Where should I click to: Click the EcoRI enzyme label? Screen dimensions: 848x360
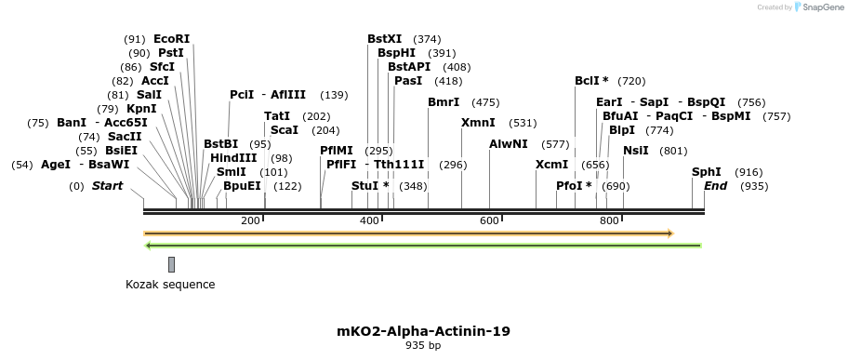coord(171,39)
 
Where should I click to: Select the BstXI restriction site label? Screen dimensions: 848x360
coord(385,39)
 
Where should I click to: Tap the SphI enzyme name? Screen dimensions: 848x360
coord(707,172)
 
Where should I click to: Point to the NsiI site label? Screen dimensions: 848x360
coord(636,151)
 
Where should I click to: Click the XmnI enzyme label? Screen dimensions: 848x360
coord(478,123)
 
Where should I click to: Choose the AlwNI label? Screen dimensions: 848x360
coord(509,144)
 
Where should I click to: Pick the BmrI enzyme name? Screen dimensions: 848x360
coord(444,102)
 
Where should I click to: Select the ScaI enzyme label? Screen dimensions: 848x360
coord(285,130)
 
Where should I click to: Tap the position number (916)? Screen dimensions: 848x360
coord(749,173)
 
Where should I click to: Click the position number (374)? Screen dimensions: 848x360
coord(427,39)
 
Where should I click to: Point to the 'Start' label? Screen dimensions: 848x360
coord(107,186)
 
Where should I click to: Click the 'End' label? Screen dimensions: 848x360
coord(716,186)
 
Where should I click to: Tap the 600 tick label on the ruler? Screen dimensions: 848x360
coord(490,220)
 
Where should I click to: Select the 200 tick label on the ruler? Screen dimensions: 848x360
coord(250,220)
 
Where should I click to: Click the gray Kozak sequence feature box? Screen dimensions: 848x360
coord(171,265)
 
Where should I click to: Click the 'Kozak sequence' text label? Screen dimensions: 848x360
coord(170,285)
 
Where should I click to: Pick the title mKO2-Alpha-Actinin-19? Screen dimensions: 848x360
coord(423,331)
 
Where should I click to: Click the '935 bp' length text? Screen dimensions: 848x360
coord(423,346)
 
